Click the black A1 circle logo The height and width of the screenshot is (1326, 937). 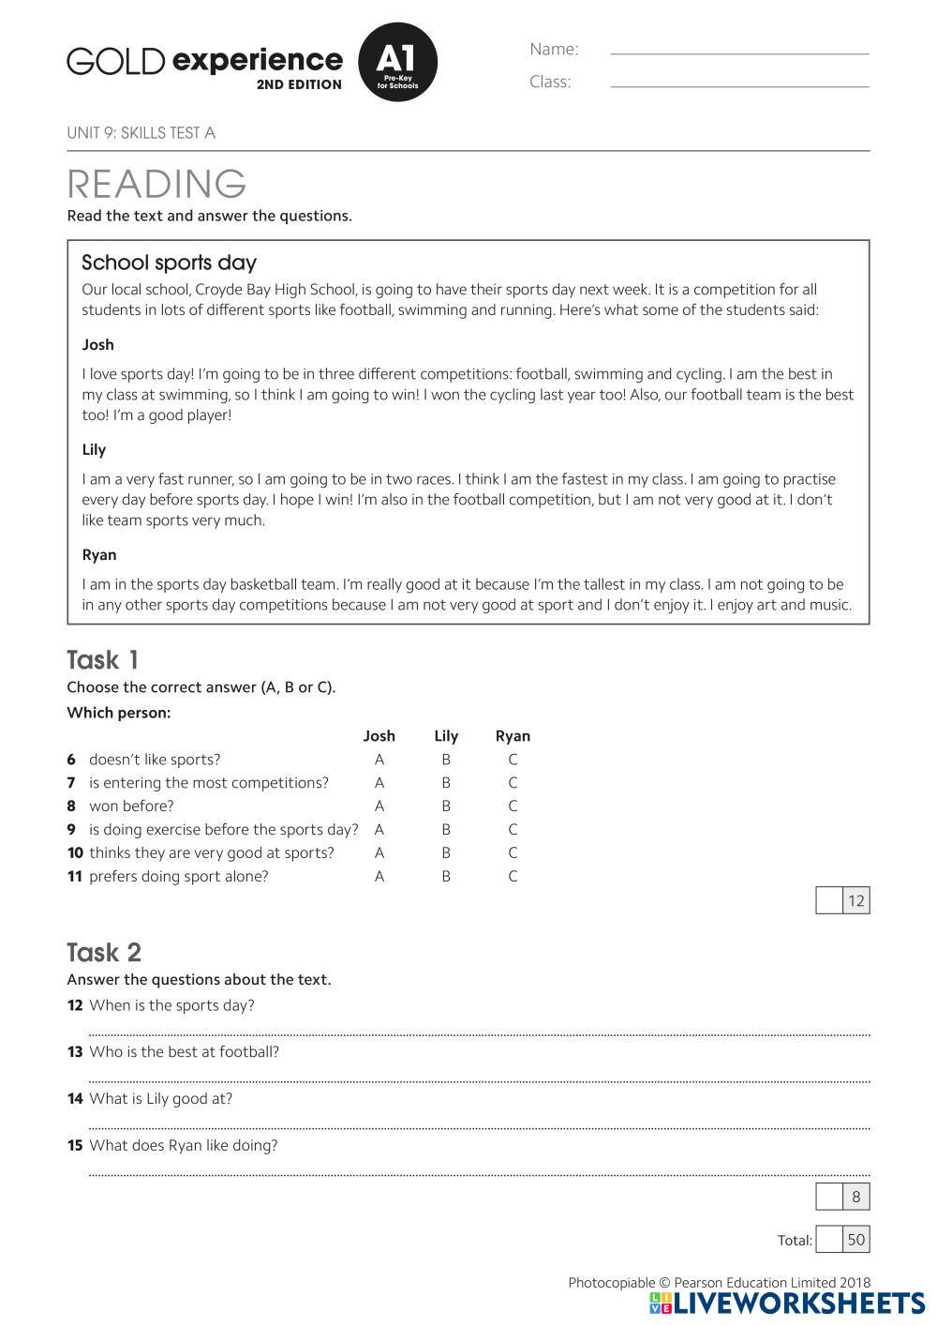(397, 62)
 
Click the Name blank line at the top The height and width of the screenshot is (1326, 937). (739, 53)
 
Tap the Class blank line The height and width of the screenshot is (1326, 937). (739, 85)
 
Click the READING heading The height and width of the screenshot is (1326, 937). (156, 184)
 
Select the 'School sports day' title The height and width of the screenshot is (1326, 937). (169, 263)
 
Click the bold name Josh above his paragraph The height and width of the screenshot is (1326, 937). (97, 344)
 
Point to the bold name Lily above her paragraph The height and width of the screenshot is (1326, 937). (94, 449)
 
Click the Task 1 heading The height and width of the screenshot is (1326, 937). (102, 659)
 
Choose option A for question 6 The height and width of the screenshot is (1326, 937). (379, 760)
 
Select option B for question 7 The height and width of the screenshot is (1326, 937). (446, 783)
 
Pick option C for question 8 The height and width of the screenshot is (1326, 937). (513, 806)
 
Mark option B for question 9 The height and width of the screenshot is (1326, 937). (446, 829)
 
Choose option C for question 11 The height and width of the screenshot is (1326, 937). (513, 876)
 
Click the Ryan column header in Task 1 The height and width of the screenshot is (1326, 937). (513, 736)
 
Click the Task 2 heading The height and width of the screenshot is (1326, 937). (104, 952)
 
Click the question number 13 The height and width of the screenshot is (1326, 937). (75, 1052)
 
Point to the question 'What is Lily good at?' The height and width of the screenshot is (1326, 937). (160, 1098)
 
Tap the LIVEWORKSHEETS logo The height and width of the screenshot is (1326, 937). (787, 1303)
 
